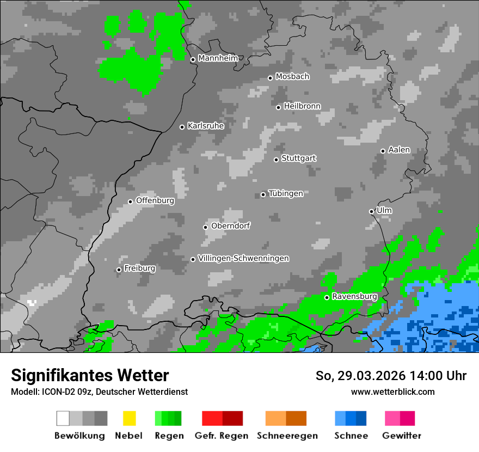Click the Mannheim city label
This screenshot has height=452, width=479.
tap(218, 58)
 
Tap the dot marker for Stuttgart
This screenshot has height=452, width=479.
tap(276, 160)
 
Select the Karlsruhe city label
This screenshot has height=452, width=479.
tap(206, 126)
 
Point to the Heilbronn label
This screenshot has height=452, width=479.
tap(302, 106)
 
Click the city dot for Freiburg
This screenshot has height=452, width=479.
tap(119, 270)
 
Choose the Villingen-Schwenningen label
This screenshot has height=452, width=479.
tap(243, 258)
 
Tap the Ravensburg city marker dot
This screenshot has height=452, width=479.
tap(327, 297)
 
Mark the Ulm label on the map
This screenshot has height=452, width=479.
tap(384, 210)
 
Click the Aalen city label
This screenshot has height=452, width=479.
tap(399, 150)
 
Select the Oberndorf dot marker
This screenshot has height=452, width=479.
tap(205, 227)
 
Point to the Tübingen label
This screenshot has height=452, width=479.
tap(286, 193)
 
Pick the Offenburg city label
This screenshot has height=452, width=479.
tap(155, 200)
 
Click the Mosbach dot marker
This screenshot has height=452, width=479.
tap(270, 78)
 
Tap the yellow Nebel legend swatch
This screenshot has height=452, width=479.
tap(129, 418)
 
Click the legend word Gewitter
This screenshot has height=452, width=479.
tap(402, 436)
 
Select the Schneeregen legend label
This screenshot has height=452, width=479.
tap(287, 436)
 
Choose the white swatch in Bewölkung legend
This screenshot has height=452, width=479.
tap(63, 418)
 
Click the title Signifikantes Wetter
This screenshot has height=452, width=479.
tap(90, 376)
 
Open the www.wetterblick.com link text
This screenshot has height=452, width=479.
tap(392, 392)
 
